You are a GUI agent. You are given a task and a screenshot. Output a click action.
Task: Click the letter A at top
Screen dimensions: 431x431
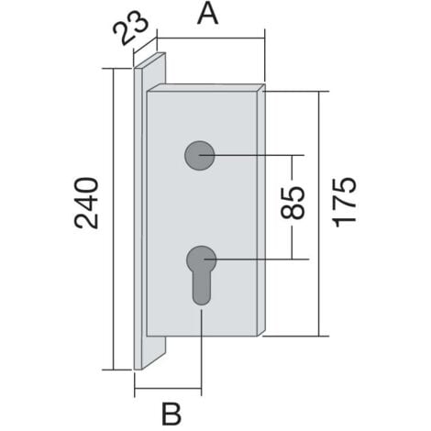pyautogui.click(x=208, y=16)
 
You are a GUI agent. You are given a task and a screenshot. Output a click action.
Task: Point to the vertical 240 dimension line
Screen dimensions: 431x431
pyautogui.click(x=114, y=275)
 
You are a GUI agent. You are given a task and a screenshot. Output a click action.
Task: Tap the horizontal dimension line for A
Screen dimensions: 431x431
pyautogui.click(x=211, y=39)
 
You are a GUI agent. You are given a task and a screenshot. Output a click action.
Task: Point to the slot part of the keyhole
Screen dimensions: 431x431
pyautogui.click(x=200, y=289)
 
